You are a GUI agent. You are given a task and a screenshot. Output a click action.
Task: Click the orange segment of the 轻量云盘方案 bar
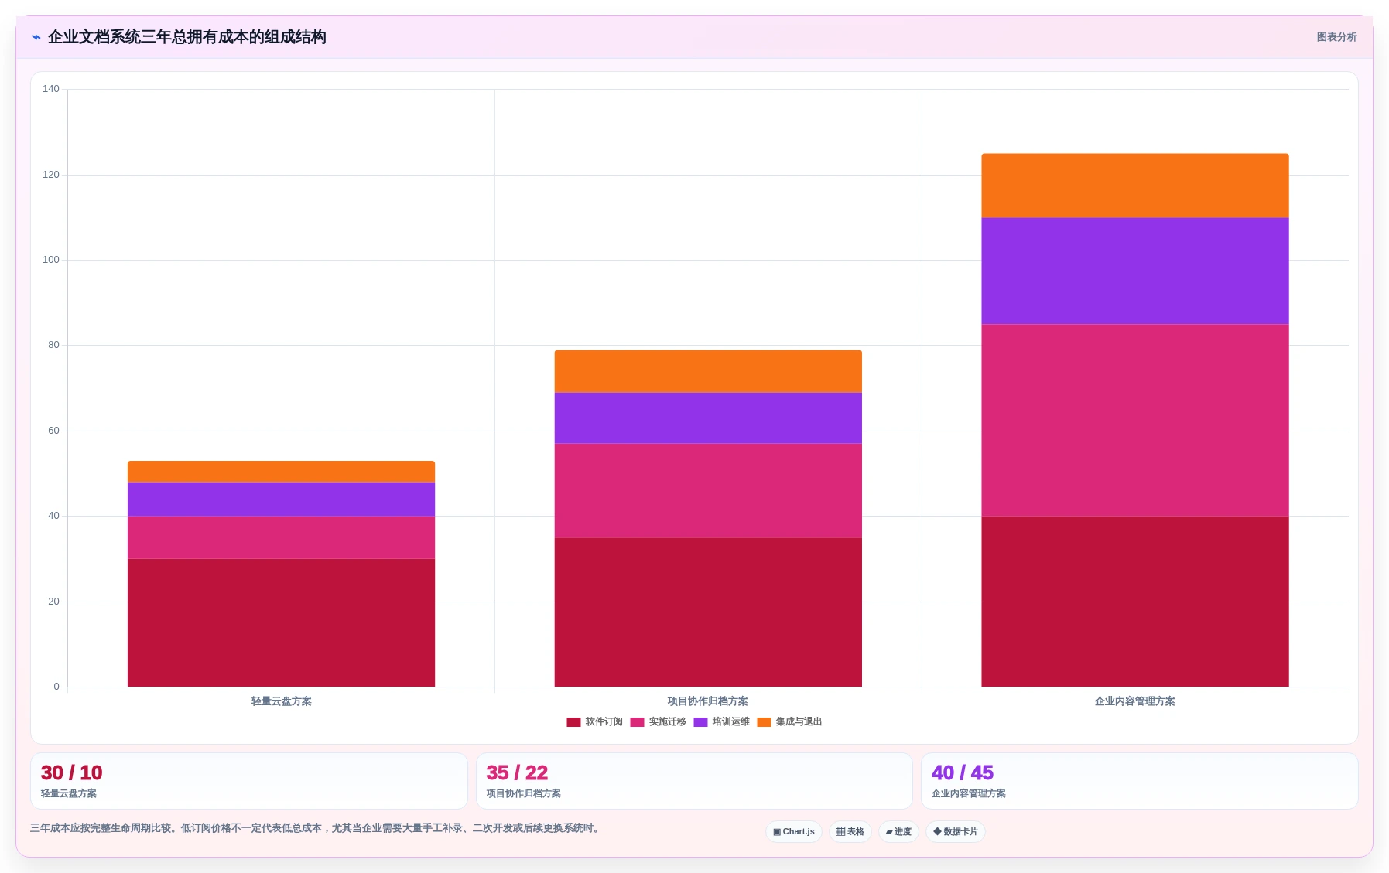[x=281, y=472]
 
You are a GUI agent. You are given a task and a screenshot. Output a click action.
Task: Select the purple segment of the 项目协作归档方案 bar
[x=708, y=418]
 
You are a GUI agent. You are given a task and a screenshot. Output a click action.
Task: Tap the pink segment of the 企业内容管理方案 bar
[x=1135, y=420]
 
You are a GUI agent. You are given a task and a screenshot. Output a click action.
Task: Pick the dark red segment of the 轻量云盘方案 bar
[x=281, y=622]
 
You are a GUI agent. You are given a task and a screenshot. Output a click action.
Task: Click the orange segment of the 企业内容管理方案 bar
[x=1135, y=186]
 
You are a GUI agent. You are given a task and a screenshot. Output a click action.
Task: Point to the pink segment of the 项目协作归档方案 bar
[x=708, y=490]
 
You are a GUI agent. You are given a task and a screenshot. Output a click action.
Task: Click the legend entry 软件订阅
[x=594, y=721]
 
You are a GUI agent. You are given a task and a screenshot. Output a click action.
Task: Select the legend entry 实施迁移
[x=658, y=721]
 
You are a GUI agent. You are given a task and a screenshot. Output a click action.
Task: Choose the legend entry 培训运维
[x=721, y=721]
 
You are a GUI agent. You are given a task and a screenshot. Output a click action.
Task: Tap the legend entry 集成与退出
[x=789, y=721]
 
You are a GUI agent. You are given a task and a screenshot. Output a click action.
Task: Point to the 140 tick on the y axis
[x=51, y=89]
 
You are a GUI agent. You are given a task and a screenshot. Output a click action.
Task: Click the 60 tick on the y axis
[x=53, y=431]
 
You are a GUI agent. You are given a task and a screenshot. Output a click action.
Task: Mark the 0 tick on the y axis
[x=56, y=687]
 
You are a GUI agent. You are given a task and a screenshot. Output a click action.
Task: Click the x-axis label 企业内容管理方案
[x=1135, y=701]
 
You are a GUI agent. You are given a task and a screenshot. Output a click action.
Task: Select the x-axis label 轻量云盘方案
[x=281, y=701]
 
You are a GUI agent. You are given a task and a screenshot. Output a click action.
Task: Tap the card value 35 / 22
[x=517, y=772]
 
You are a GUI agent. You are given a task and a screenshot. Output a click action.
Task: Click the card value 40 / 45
[x=963, y=772]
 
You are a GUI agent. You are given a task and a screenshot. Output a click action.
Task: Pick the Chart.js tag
[x=794, y=832]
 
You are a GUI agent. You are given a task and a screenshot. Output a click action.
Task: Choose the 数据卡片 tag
[x=956, y=832]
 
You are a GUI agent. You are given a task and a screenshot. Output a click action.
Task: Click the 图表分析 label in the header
[x=1336, y=37]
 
